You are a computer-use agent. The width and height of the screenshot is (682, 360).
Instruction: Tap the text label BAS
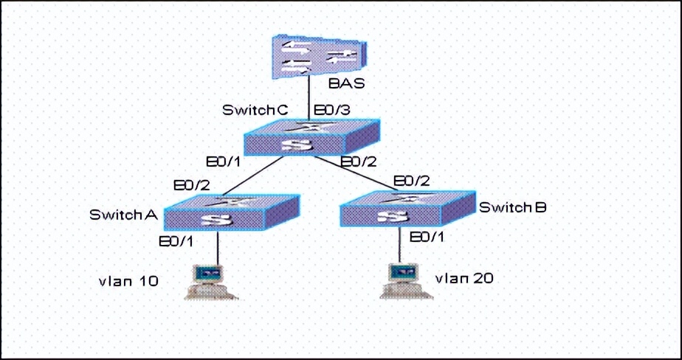click(x=347, y=83)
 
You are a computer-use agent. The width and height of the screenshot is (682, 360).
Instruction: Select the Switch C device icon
click(x=312, y=136)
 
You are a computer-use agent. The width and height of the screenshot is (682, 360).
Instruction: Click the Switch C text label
click(x=255, y=110)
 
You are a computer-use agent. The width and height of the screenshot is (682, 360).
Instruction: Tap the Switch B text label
click(x=513, y=207)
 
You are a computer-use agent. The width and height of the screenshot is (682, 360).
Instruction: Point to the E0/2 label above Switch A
click(x=191, y=184)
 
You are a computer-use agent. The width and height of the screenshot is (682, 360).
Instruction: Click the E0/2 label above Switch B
click(x=413, y=181)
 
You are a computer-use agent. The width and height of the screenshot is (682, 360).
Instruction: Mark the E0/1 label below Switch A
click(x=178, y=241)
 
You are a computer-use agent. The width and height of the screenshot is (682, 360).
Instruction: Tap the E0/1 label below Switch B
click(x=427, y=237)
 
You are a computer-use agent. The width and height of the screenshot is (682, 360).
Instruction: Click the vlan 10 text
click(x=129, y=280)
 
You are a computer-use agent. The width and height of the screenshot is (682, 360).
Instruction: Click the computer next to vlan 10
click(x=211, y=280)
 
